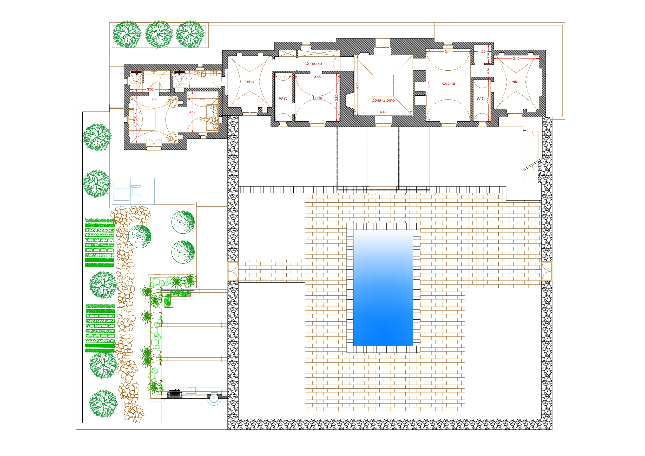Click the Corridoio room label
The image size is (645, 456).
tap(313, 63)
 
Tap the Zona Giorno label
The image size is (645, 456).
tap(383, 100)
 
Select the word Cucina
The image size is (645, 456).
tap(448, 83)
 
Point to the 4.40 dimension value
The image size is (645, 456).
tap(383, 112)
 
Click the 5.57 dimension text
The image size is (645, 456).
tap(429, 85)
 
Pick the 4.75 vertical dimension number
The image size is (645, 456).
tap(357, 85)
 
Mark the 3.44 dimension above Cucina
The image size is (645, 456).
tap(448, 51)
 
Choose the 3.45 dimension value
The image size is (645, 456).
tap(317, 77)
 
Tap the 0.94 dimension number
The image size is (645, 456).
tap(488, 71)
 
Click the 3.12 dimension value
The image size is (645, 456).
tap(192, 112)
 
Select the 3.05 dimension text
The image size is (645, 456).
tap(150, 89)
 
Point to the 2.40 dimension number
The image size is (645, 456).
tap(203, 99)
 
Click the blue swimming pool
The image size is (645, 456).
tap(383, 288)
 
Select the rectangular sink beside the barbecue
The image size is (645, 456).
tap(191, 390)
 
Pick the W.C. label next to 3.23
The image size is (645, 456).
tap(481, 99)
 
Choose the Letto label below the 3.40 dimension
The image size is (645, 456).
tap(514, 82)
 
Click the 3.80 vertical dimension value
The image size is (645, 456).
tap(337, 97)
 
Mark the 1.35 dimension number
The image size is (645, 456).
tap(189, 79)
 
